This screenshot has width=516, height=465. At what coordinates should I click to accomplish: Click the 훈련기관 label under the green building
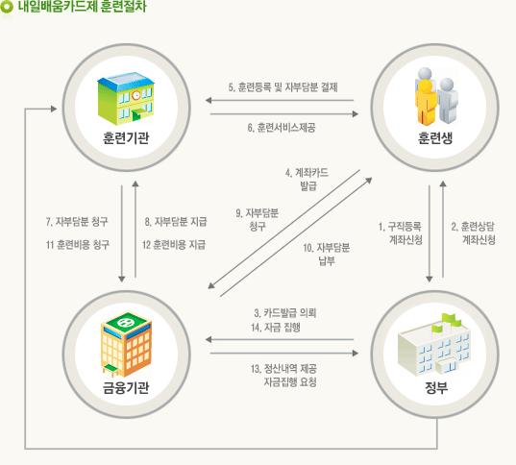(x=126, y=138)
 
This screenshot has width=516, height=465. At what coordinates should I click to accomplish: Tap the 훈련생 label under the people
(x=435, y=138)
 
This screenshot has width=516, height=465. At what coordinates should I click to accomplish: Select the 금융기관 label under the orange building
(x=126, y=388)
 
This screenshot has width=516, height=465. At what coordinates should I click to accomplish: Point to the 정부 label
(x=436, y=388)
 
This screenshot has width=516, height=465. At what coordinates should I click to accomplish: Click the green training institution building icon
(x=126, y=99)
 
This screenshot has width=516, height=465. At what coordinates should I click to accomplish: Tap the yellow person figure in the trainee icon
(x=426, y=102)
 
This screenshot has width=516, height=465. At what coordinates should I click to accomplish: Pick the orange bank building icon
(x=126, y=344)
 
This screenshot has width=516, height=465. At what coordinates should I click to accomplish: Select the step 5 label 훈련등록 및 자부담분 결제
(x=283, y=87)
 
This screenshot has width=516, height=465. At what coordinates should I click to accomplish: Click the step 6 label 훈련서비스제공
(x=282, y=128)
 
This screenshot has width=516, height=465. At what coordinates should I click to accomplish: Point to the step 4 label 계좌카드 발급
(x=307, y=180)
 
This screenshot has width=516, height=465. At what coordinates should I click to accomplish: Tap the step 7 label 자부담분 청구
(x=77, y=222)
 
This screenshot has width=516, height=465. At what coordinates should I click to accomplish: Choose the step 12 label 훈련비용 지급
(x=174, y=245)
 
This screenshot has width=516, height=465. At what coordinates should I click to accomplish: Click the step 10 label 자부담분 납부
(x=327, y=254)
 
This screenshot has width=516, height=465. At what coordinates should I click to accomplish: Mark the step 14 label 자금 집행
(x=276, y=328)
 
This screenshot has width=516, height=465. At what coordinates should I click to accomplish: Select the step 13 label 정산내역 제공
(x=283, y=368)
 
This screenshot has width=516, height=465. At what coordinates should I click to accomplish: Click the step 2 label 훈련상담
(x=473, y=227)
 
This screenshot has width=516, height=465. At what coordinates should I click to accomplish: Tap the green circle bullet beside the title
(x=7, y=7)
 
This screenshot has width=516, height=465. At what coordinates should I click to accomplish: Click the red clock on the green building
(x=135, y=95)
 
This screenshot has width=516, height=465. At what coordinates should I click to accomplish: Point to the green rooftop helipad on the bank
(x=126, y=322)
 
